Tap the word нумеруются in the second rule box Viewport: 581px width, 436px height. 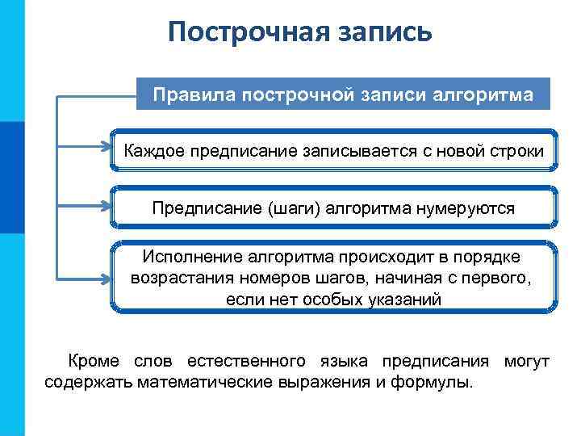click(x=466, y=208)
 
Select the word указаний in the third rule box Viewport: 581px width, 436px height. click(x=411, y=300)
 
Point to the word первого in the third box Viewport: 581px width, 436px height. click(x=500, y=279)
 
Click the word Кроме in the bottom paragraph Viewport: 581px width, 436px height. click(x=94, y=360)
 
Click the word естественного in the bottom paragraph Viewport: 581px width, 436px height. click(x=245, y=360)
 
